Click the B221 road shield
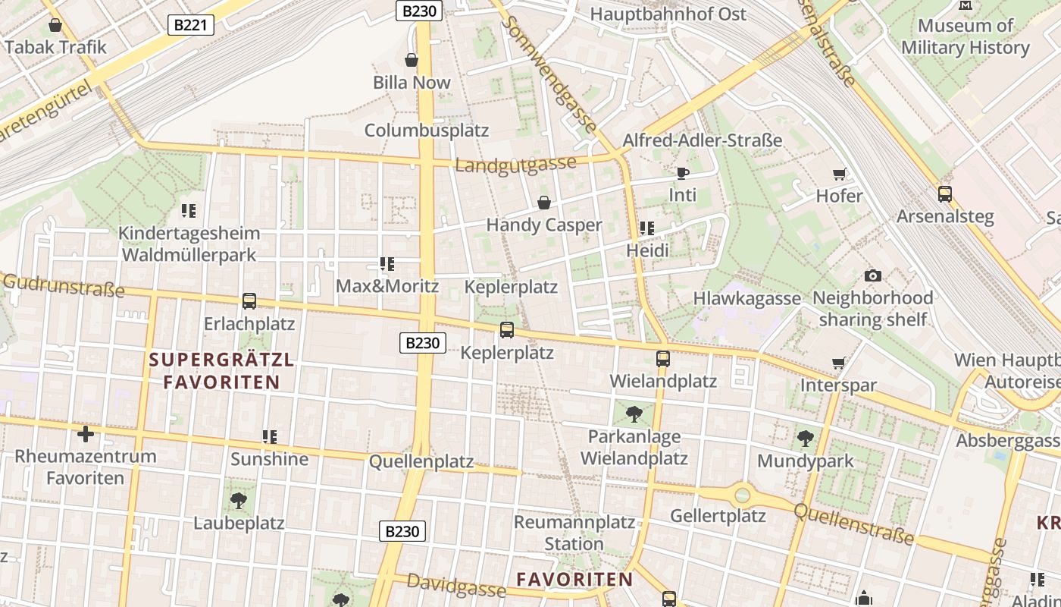[x=190, y=25]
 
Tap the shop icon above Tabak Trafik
[x=55, y=25]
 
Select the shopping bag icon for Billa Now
[x=412, y=59]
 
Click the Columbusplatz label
[x=427, y=130]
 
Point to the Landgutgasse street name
[x=516, y=165]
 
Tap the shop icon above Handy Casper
[x=543, y=202]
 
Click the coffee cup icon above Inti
[x=682, y=173]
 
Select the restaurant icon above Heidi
[x=647, y=228]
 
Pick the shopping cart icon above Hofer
[x=839, y=174]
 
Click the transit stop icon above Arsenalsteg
[x=944, y=193]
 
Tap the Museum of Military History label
[x=965, y=36]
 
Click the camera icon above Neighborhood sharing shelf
[x=872, y=275]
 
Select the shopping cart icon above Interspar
[x=838, y=363]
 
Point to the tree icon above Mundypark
[x=805, y=438]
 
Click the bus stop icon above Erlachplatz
[x=249, y=301]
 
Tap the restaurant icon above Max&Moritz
[x=387, y=264]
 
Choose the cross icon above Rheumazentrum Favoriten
[x=86, y=434]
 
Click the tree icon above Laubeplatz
[x=239, y=500]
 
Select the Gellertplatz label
[x=718, y=516]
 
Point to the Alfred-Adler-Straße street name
[x=702, y=140]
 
